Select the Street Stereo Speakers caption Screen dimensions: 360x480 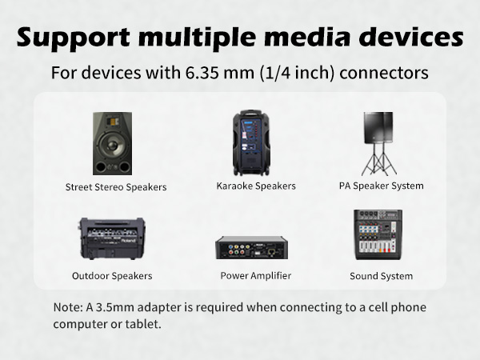[116, 187]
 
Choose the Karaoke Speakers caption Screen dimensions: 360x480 [256, 186]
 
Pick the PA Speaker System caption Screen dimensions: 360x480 [381, 186]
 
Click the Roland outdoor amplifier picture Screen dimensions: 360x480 [111, 238]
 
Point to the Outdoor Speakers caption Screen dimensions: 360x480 [112, 276]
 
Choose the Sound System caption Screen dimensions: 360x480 [381, 276]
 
